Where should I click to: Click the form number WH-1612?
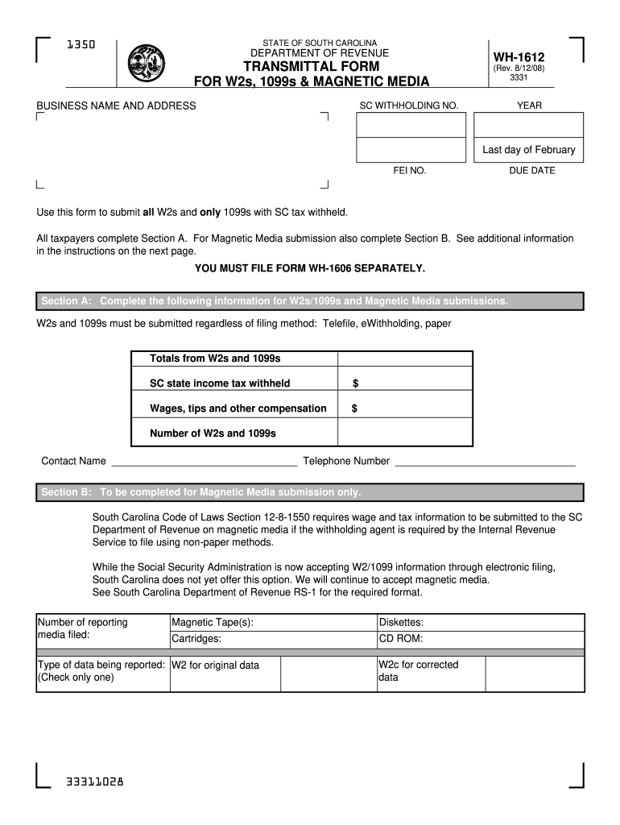pos(519,57)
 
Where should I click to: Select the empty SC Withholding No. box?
pos(411,125)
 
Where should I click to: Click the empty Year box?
pos(528,125)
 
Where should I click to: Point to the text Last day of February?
pos(528,150)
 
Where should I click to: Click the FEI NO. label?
pos(410,171)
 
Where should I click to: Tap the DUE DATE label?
pos(531,171)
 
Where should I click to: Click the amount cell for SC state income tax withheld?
pos(405,383)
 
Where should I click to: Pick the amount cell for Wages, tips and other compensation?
pos(405,408)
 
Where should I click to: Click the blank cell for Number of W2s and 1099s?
pos(405,433)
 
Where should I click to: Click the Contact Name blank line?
pos(204,462)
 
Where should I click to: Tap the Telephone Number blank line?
pos(485,462)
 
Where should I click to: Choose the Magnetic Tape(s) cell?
pos(272,623)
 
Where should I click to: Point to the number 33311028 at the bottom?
pos(95,782)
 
